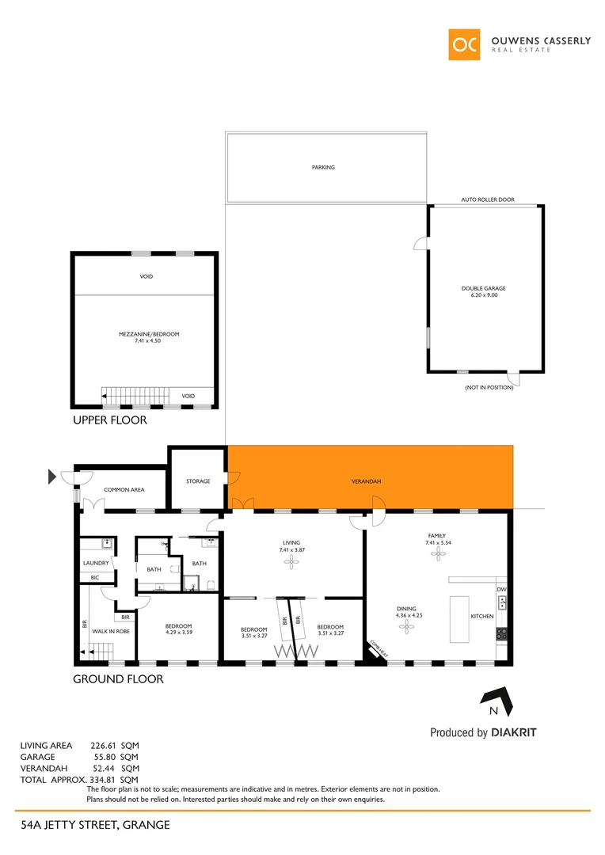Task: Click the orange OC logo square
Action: pos(464,44)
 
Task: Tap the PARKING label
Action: pos(323,168)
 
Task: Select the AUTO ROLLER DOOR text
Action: pos(488,200)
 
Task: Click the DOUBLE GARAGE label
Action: pos(484,288)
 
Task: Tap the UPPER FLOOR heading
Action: pos(110,420)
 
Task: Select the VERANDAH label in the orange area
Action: pos(367,481)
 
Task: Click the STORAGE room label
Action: pos(198,481)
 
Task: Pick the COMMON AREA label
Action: pos(124,490)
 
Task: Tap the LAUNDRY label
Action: pos(96,564)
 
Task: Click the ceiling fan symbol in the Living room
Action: pos(292,561)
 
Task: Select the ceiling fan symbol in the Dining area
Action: pos(407,627)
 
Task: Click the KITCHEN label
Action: pos(481,616)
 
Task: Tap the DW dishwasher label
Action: pos(501,590)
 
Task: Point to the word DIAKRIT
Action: pos(514,733)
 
